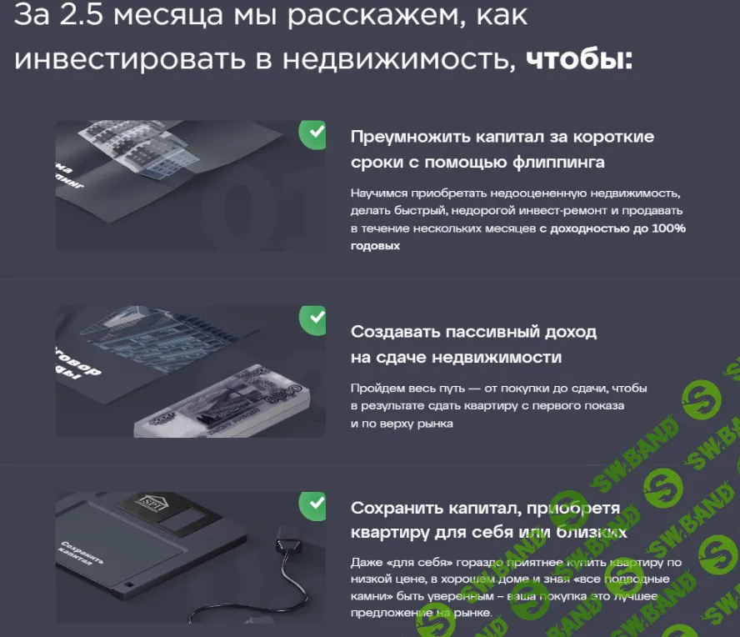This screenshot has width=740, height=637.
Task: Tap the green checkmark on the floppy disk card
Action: (313, 504)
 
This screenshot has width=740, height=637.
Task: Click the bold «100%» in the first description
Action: (668, 228)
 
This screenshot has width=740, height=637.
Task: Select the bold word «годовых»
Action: (375, 246)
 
